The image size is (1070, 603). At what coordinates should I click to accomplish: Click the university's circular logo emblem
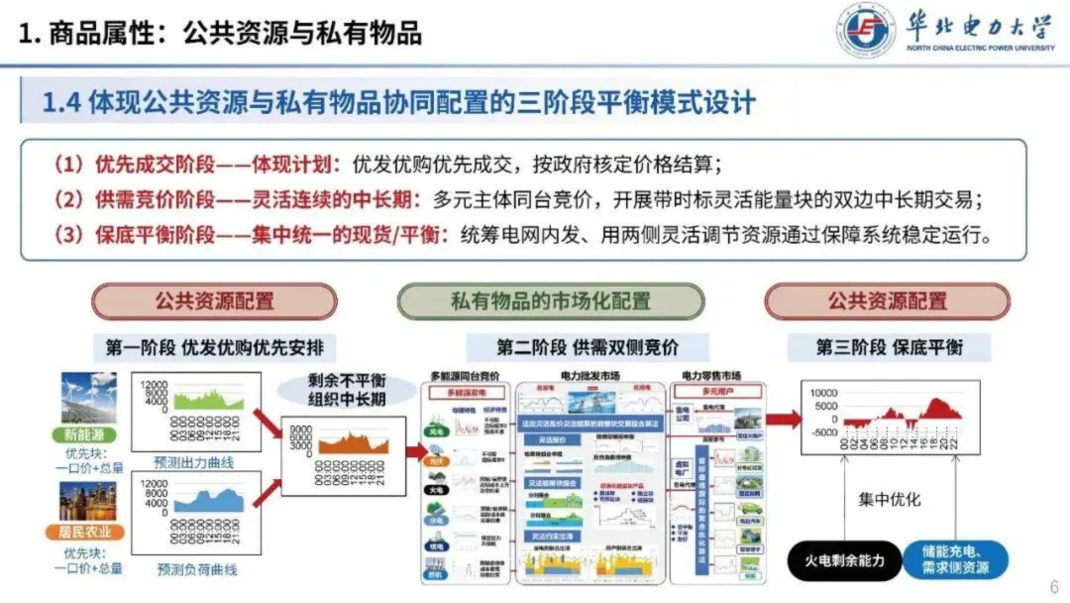point(866,31)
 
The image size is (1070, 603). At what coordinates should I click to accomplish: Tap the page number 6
point(1053,584)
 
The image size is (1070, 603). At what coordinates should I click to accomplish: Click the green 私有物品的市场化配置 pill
point(551,301)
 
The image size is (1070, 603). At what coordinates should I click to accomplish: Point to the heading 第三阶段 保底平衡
point(889,347)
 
